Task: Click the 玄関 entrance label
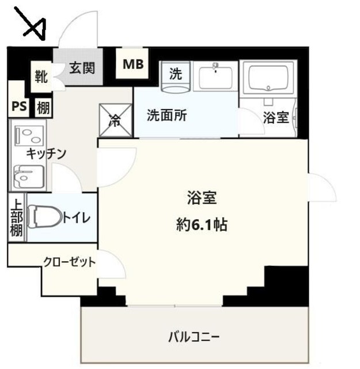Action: pos(82,67)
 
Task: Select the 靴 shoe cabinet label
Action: pos(41,74)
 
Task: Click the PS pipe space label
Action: pos(19,107)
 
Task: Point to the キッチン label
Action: pos(47,153)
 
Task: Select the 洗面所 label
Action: pos(166,115)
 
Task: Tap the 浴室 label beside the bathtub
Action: pos(276,118)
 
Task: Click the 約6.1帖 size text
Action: pos(201,224)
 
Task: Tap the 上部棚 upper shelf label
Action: pos(16,219)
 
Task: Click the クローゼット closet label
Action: pos(69,262)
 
